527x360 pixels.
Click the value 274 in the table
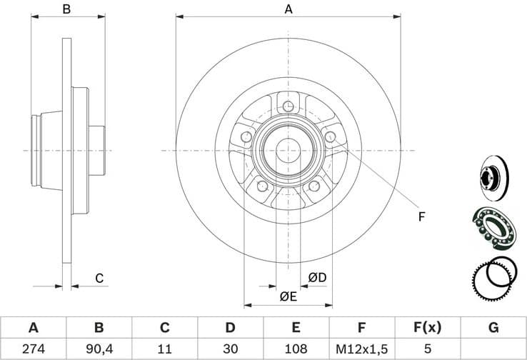pyautogui.click(x=33, y=349)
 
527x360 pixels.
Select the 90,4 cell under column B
pyautogui.click(x=99, y=349)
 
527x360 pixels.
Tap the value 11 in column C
pyautogui.click(x=164, y=349)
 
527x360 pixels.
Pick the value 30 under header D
pyautogui.click(x=230, y=349)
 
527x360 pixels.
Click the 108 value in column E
pyautogui.click(x=296, y=349)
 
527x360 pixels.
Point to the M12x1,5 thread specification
pyautogui.click(x=362, y=349)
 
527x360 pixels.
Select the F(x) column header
pyautogui.click(x=428, y=328)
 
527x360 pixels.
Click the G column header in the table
pyautogui.click(x=493, y=328)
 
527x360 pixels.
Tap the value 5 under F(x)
pyautogui.click(x=428, y=349)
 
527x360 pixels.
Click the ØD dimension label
pyautogui.click(x=317, y=276)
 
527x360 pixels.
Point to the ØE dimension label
pyautogui.click(x=288, y=295)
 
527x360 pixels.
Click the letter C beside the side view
pyautogui.click(x=99, y=277)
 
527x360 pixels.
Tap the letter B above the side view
pyautogui.click(x=66, y=10)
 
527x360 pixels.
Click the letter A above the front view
pyautogui.click(x=288, y=10)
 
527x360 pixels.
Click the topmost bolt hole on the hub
pyautogui.click(x=288, y=107)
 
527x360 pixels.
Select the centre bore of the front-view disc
pyautogui.click(x=288, y=150)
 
